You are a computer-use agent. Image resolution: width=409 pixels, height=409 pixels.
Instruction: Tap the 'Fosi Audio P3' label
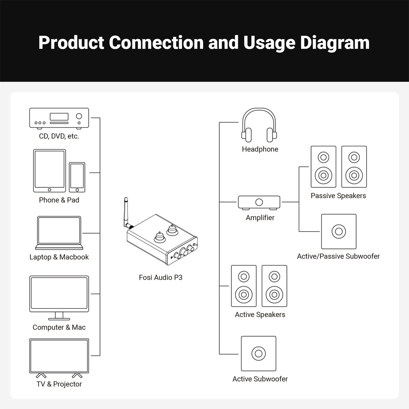pos(160,277)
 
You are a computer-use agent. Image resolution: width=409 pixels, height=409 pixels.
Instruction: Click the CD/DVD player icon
pos(59,118)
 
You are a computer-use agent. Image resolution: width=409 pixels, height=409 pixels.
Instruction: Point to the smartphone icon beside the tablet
pos(77,177)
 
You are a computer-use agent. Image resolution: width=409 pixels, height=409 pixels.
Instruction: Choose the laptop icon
pos(59,233)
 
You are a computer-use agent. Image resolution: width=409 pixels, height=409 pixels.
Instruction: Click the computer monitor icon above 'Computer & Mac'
pos(59,298)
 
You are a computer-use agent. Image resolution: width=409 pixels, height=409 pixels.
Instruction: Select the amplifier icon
pos(259,203)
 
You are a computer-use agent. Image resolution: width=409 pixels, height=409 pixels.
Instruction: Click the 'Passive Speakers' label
pos(339,195)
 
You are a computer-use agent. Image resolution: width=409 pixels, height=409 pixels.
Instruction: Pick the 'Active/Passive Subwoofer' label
pos(339,256)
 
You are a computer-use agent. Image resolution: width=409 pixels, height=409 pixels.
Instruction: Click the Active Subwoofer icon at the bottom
pos(259,353)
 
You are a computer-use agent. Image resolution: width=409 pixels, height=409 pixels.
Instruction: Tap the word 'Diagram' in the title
pos(335,43)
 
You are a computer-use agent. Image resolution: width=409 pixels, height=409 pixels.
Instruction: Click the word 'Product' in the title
pos(71,43)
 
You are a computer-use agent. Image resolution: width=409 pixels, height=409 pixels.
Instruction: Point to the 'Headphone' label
pos(260,149)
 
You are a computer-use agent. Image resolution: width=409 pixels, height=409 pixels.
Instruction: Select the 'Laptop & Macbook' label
pos(59,257)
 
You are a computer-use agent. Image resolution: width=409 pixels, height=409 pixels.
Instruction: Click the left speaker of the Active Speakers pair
pos(243,286)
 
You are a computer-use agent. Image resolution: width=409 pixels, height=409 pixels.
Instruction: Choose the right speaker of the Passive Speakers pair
pos(354,167)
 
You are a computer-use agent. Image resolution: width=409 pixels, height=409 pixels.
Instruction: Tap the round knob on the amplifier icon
pos(259,202)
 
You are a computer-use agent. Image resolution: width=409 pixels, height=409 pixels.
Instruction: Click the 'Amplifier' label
pos(260,218)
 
